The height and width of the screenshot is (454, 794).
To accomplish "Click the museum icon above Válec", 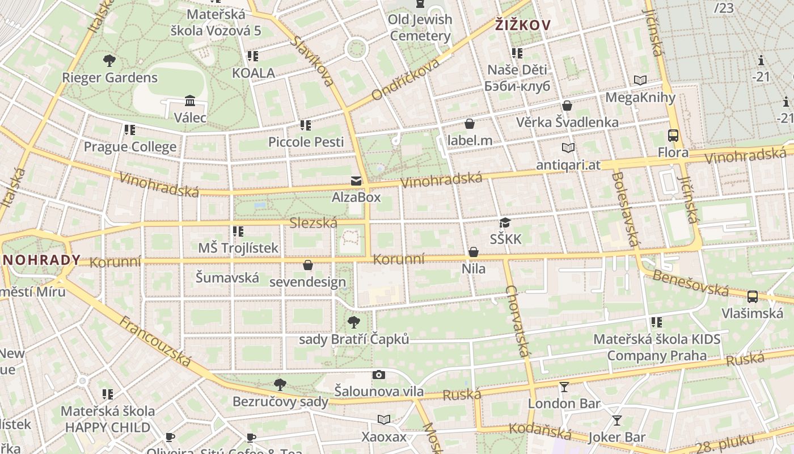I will point(190,101).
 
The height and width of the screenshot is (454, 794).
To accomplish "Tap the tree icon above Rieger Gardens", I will point(109,60).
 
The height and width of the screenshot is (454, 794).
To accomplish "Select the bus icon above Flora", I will point(673,136).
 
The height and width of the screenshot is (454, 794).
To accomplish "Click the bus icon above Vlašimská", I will point(753,296).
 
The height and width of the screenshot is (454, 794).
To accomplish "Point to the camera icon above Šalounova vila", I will point(379,375).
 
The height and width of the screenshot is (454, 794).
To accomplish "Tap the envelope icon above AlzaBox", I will point(356,181).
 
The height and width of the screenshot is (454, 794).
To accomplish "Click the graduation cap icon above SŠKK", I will point(505,223).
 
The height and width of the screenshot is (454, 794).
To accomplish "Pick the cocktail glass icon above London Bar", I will point(564,387).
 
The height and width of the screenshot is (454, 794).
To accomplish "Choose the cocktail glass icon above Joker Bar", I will point(616,421).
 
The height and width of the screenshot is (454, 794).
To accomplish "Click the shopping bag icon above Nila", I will point(474,252).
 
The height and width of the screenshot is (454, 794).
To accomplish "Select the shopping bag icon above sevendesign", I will point(307,265).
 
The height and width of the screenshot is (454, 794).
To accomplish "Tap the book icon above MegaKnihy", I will point(640,81).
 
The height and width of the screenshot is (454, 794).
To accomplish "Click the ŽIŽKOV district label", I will point(523,25).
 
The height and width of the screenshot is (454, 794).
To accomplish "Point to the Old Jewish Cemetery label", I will point(420,27).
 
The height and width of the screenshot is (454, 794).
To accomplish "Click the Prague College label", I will point(130,147).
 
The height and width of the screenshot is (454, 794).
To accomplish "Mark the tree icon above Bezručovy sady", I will point(280,385).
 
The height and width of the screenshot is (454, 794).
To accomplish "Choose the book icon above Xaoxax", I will point(384,419).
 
